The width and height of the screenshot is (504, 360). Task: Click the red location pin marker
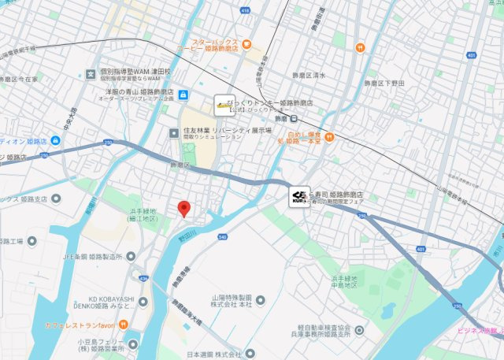[184, 209]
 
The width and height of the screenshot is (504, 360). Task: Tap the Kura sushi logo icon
[298, 197]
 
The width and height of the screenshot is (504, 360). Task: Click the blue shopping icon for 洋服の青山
[183, 95]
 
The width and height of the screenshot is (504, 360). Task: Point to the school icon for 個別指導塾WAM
[91, 72]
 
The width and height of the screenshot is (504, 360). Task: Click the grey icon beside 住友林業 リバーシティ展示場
[175, 132]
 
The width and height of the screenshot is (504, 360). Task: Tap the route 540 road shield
[223, 236]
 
